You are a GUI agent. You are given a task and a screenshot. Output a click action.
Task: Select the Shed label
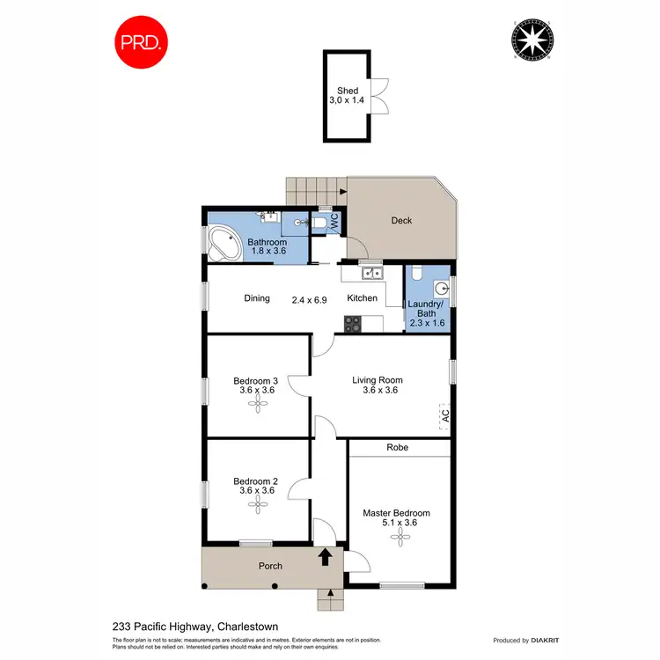click(348, 91)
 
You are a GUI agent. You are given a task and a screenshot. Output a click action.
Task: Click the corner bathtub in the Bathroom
click(224, 243)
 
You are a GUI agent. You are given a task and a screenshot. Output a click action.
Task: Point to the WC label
click(334, 224)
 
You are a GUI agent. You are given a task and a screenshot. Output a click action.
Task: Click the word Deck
click(401, 221)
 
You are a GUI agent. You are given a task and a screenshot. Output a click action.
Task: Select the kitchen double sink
click(372, 272)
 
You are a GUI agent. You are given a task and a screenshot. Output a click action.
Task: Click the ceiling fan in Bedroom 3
click(259, 405)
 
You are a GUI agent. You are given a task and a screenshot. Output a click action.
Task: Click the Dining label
click(257, 298)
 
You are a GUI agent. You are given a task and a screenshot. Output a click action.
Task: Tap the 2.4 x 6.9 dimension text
click(310, 299)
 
